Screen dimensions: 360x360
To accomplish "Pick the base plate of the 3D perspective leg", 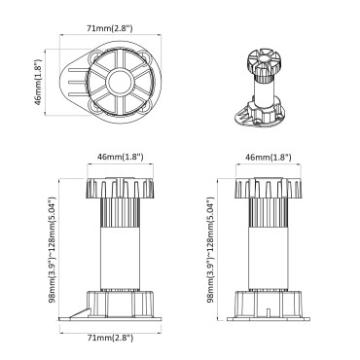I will pos(264,118).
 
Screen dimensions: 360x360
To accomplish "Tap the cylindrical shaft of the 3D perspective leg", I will pos(262,93).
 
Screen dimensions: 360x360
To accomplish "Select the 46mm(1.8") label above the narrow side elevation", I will pos(266,156).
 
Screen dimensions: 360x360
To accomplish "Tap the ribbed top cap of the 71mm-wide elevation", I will pos(116,187).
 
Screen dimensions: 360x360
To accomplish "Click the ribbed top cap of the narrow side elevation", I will pos(266,187).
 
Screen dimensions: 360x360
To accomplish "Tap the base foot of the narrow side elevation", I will pos(266,308).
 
